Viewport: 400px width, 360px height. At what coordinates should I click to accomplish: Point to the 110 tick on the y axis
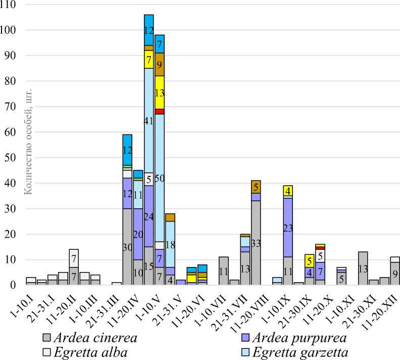[9, 5]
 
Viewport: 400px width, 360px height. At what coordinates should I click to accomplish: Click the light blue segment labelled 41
[148, 120]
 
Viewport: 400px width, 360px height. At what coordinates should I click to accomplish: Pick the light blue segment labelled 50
[160, 178]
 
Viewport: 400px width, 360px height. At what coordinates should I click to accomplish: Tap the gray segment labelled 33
[257, 243]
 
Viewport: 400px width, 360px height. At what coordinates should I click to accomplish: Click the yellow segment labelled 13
[160, 92]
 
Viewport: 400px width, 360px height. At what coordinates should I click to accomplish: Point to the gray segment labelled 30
[127, 247]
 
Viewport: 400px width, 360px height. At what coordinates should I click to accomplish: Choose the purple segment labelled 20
[138, 234]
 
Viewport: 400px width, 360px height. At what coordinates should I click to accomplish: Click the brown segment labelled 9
[160, 64]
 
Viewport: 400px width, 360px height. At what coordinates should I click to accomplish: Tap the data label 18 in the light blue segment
[171, 244]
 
